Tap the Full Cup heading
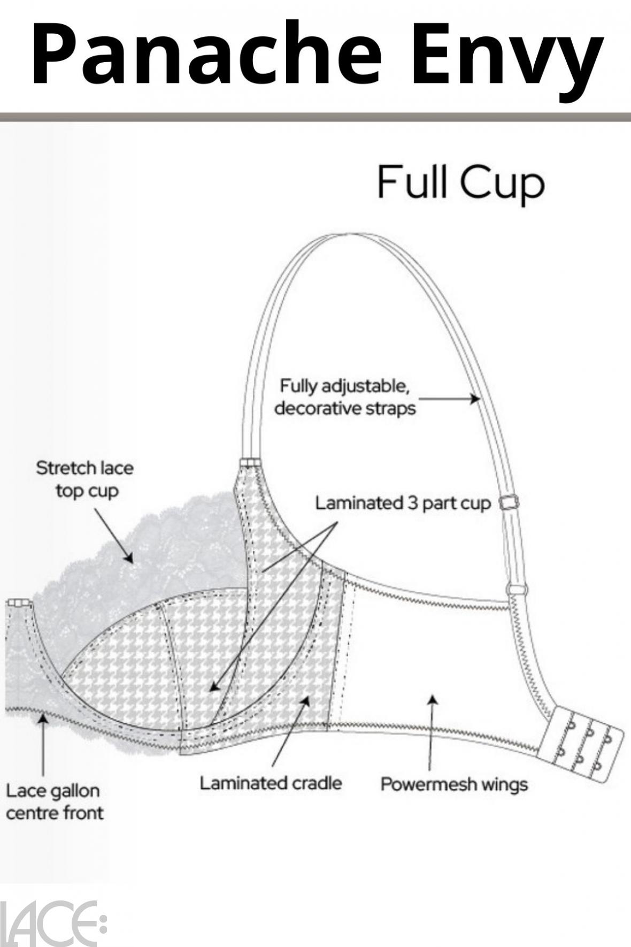(x=460, y=182)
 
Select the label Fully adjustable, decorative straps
(x=345, y=397)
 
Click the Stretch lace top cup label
(x=85, y=479)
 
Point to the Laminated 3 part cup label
(x=402, y=503)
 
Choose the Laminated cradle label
(x=271, y=783)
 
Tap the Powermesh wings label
(x=453, y=784)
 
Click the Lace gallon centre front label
(x=54, y=801)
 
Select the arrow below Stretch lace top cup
(x=113, y=536)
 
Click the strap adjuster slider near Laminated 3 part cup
(x=509, y=503)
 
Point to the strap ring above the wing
(x=517, y=590)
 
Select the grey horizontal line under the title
(x=315, y=117)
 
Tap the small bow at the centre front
(x=19, y=603)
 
